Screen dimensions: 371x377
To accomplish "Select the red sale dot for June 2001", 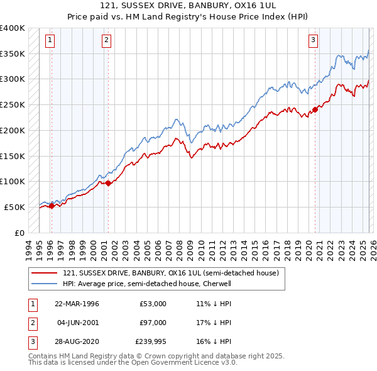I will pos(108,183).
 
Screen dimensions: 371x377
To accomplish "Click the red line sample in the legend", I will pos(45,272).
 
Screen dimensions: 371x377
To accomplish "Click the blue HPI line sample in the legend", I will pos(45,284).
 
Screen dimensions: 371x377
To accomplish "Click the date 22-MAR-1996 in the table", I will pos(77,303).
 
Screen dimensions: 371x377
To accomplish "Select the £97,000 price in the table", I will pos(153,323).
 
